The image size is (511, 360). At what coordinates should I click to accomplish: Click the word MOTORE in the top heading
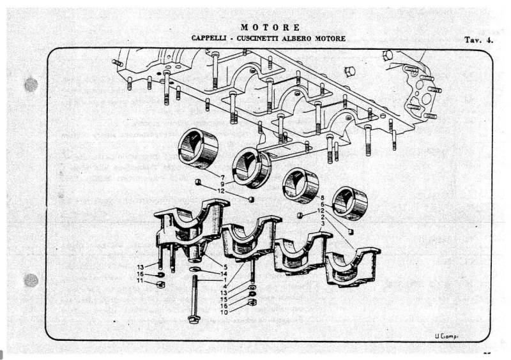(x=270, y=27)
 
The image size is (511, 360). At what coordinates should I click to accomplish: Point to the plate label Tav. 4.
(x=478, y=40)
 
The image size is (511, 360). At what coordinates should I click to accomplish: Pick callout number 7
(x=222, y=176)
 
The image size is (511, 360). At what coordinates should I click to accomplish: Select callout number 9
(x=222, y=184)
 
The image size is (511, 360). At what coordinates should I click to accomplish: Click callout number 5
(x=225, y=266)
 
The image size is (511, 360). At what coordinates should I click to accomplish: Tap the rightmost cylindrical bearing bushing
(x=351, y=203)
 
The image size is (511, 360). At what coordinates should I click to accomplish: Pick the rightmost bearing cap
(x=352, y=262)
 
